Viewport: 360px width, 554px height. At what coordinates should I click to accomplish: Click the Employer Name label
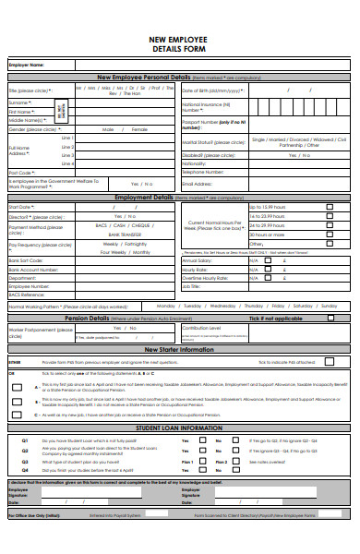26,66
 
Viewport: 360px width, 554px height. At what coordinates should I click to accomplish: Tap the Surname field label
21,103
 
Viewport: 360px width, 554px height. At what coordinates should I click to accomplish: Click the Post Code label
22,173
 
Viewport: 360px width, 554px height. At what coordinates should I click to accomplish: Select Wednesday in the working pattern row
223,305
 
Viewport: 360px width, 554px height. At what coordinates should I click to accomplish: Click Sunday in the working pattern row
328,305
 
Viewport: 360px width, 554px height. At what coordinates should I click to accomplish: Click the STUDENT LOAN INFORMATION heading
179,428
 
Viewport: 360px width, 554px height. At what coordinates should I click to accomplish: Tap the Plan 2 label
222,461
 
